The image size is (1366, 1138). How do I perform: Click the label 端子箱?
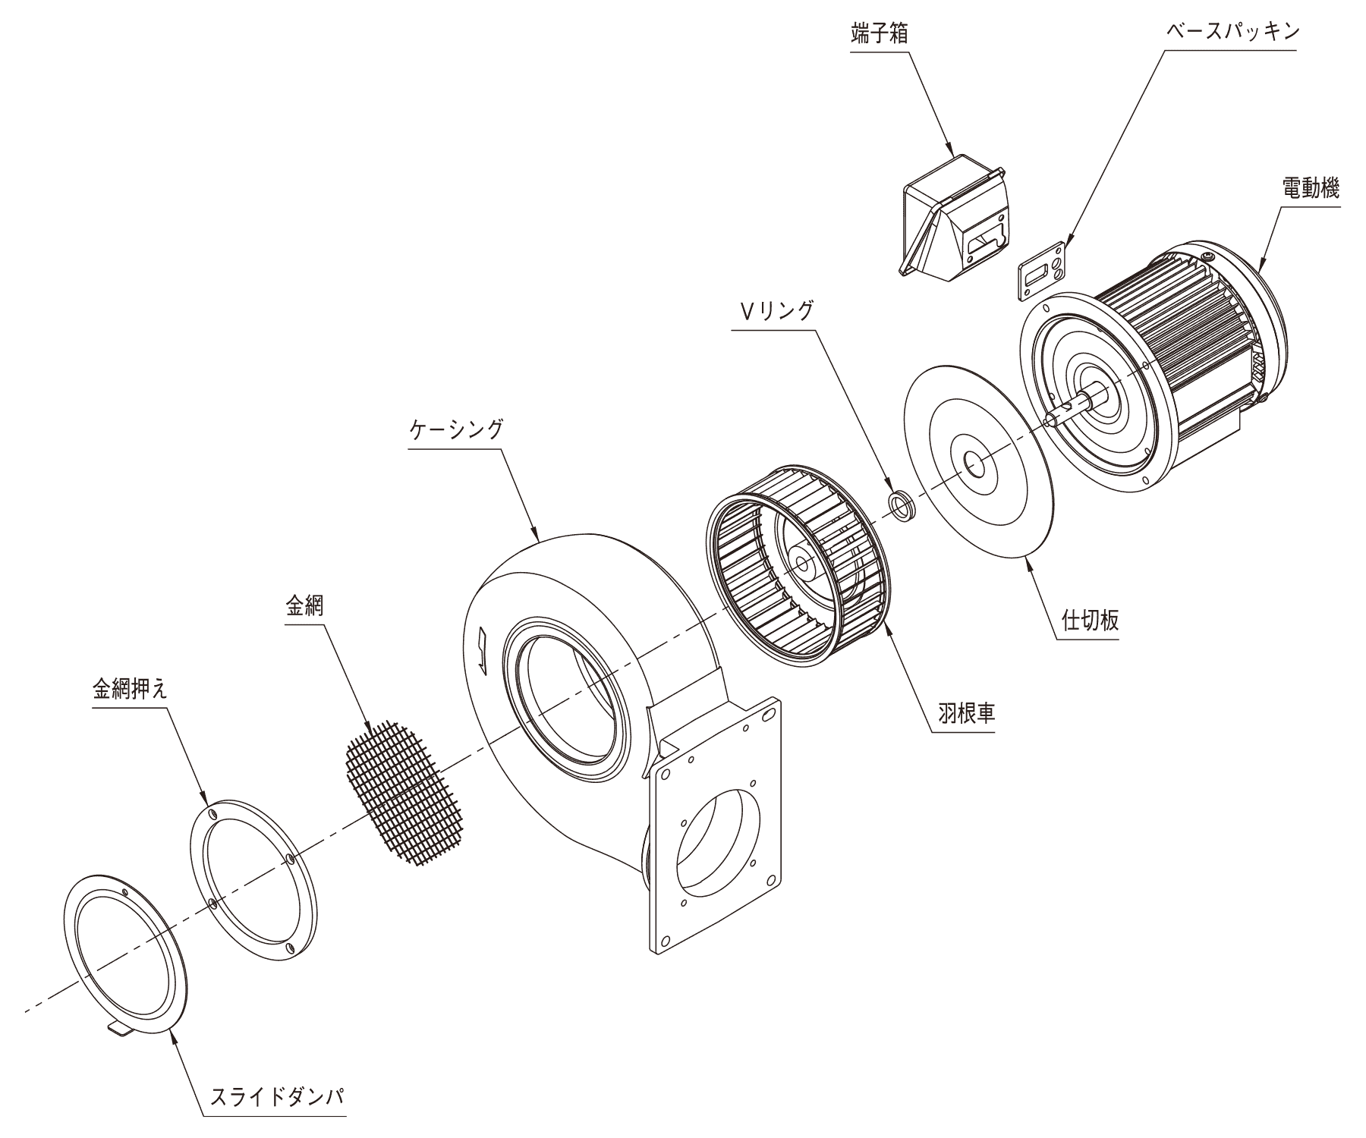click(x=879, y=35)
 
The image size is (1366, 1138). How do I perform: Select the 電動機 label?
click(x=1311, y=189)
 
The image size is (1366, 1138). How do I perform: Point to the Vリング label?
click(x=773, y=310)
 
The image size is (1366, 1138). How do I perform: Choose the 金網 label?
click(x=304, y=606)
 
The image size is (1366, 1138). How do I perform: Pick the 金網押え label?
click(x=129, y=689)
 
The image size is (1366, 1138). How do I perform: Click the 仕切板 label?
click(x=1090, y=621)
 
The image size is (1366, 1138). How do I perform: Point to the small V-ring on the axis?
click(x=901, y=505)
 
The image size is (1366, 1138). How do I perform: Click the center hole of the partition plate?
click(x=974, y=461)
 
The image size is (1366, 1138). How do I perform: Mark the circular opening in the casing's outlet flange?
click(x=717, y=838)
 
